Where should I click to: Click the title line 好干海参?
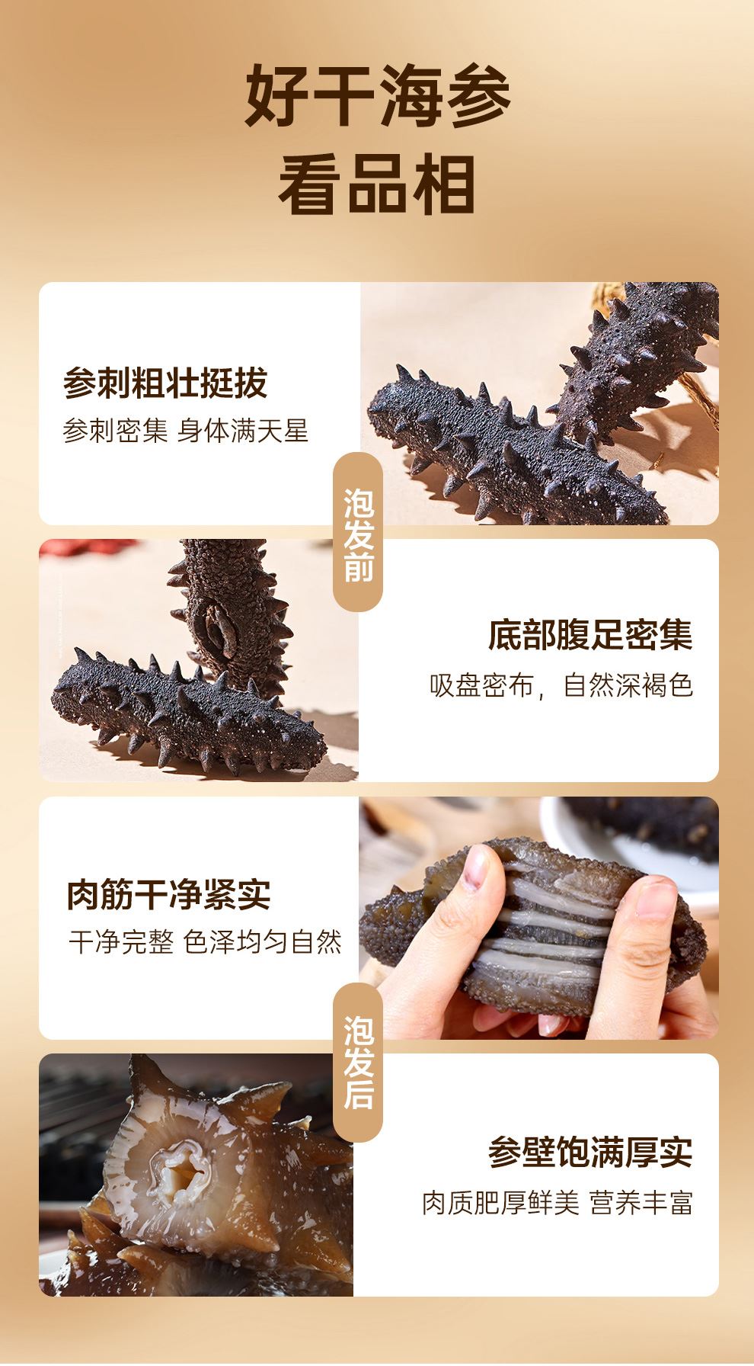coord(378,98)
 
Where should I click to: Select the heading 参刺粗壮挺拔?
coord(165,383)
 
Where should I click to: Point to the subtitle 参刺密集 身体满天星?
coord(186,431)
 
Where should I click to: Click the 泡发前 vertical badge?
coord(358,532)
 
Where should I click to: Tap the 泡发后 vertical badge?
coord(358,1062)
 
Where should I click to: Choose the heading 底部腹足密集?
coord(590,636)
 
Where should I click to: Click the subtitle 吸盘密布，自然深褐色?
coord(561,685)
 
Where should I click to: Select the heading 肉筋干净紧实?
coord(169,894)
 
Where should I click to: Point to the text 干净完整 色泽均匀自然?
coord(206,943)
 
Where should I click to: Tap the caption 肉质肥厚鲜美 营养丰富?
coord(558,1203)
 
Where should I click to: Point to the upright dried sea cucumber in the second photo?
coord(228,610)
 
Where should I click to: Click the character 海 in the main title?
coord(411,98)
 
